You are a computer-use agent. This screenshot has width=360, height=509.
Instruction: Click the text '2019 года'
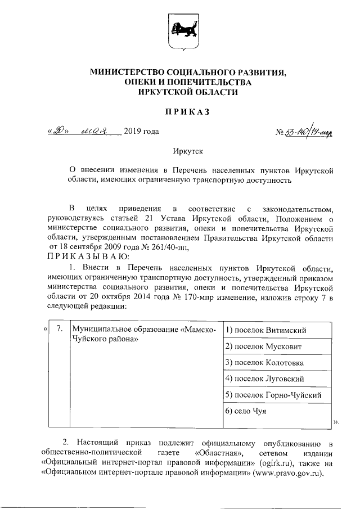141,132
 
